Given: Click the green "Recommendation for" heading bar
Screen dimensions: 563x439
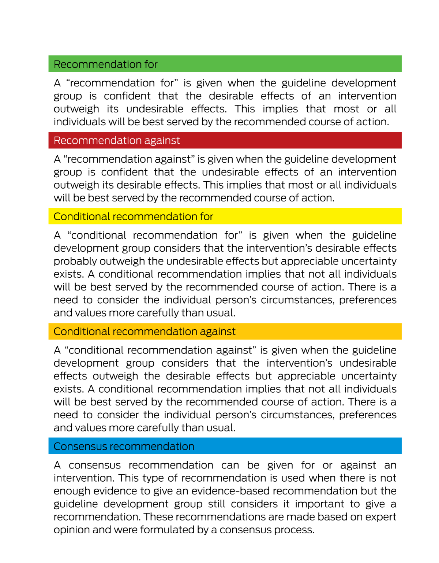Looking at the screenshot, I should [x=225, y=64].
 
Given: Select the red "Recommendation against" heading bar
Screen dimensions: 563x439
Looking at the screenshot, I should [x=225, y=140].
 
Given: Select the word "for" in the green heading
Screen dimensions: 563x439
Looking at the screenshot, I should [x=151, y=64].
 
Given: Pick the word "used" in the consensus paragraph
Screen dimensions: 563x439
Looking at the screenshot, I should [x=293, y=478].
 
